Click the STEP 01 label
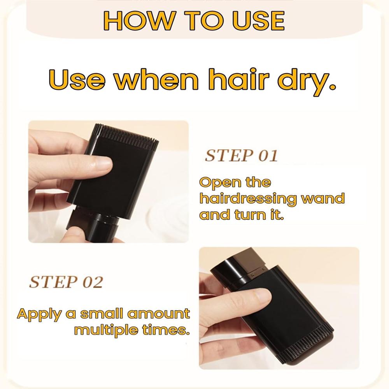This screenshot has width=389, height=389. [x=241, y=156]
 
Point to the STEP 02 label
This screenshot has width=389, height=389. [x=66, y=282]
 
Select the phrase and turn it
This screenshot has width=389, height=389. [x=241, y=215]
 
